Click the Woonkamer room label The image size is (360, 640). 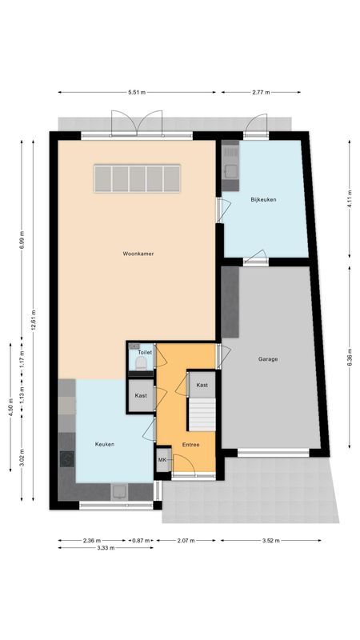coord(138,254)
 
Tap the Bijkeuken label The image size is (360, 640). coord(263,199)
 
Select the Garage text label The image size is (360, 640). coord(268,359)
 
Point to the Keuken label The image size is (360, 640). coord(105,443)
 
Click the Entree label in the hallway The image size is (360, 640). coord(190,445)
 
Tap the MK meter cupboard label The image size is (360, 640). coord(162,460)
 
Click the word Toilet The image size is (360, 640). coord(144,352)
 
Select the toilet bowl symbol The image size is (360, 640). coord(142,365)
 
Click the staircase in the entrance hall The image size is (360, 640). coord(202,413)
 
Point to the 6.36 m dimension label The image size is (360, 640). coord(349,360)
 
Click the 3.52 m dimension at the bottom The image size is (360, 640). coord(272,541)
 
